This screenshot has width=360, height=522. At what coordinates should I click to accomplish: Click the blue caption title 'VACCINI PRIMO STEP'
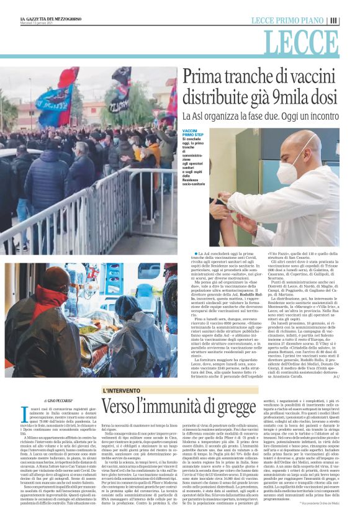click(x=192, y=133)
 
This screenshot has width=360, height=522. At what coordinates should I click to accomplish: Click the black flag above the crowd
click(x=122, y=77)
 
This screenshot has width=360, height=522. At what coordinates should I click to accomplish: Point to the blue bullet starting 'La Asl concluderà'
click(x=197, y=253)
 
